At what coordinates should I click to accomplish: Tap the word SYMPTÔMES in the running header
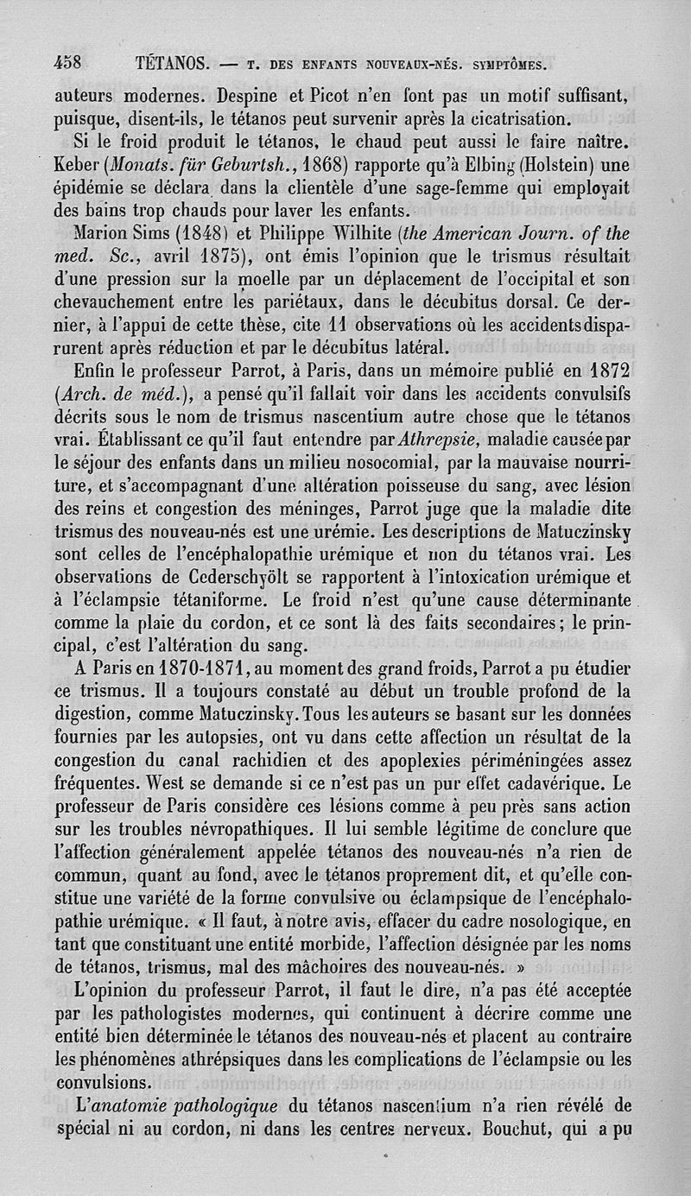point(504,64)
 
